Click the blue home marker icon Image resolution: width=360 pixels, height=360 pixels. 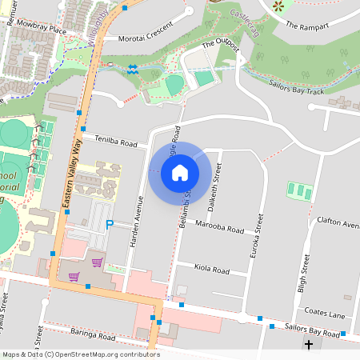(180, 172)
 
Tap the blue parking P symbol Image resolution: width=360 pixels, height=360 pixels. (110, 225)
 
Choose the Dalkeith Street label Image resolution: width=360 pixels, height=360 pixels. (214, 185)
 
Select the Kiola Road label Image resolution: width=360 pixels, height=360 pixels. (212, 269)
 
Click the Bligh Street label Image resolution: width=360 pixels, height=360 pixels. (303, 274)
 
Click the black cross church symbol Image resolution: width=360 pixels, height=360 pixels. (309, 346)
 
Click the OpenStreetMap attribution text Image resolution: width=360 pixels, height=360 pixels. (81, 354)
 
